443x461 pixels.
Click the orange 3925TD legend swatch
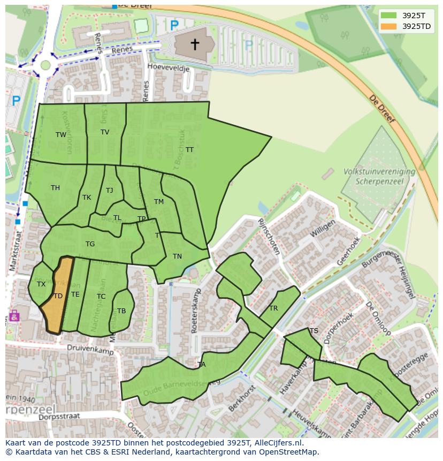pos(389,26)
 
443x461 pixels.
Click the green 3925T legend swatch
pos(389,15)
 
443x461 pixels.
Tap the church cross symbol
pos(195,44)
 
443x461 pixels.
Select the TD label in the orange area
pos(58,296)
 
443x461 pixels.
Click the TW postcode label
pos(61,135)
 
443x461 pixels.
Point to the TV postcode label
pos(105,132)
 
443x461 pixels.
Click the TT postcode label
pos(189,150)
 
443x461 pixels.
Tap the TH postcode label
pos(55,188)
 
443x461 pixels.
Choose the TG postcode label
pos(90,244)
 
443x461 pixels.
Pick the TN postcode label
pos(177,256)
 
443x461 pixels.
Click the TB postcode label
pos(121,311)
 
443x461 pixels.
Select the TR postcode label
pos(273,308)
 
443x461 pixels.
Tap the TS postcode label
pos(314,331)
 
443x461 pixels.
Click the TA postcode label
pos(201,365)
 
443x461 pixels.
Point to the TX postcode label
pos(41,284)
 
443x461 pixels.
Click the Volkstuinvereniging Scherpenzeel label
pos(380,176)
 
